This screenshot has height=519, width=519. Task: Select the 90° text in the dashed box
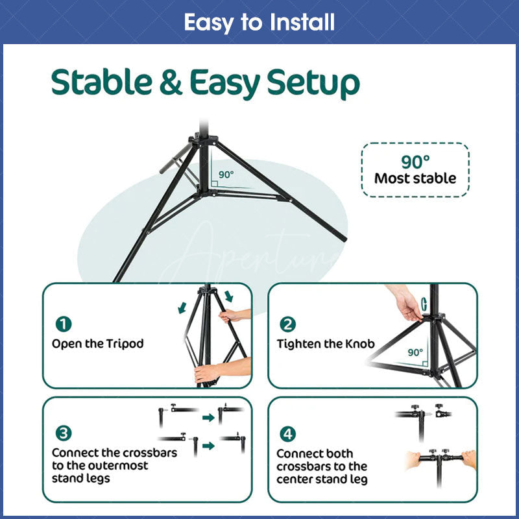(x=415, y=162)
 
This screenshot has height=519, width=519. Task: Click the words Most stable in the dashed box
(x=415, y=178)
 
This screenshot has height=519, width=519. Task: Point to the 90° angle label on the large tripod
(x=225, y=175)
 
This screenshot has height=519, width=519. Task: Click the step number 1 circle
(x=64, y=324)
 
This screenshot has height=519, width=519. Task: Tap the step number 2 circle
(x=287, y=324)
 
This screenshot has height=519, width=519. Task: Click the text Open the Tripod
(x=97, y=344)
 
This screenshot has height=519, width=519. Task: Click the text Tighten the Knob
(x=326, y=344)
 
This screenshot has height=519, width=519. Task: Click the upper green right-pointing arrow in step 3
(x=208, y=417)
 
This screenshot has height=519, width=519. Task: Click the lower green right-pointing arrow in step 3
(x=208, y=446)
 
